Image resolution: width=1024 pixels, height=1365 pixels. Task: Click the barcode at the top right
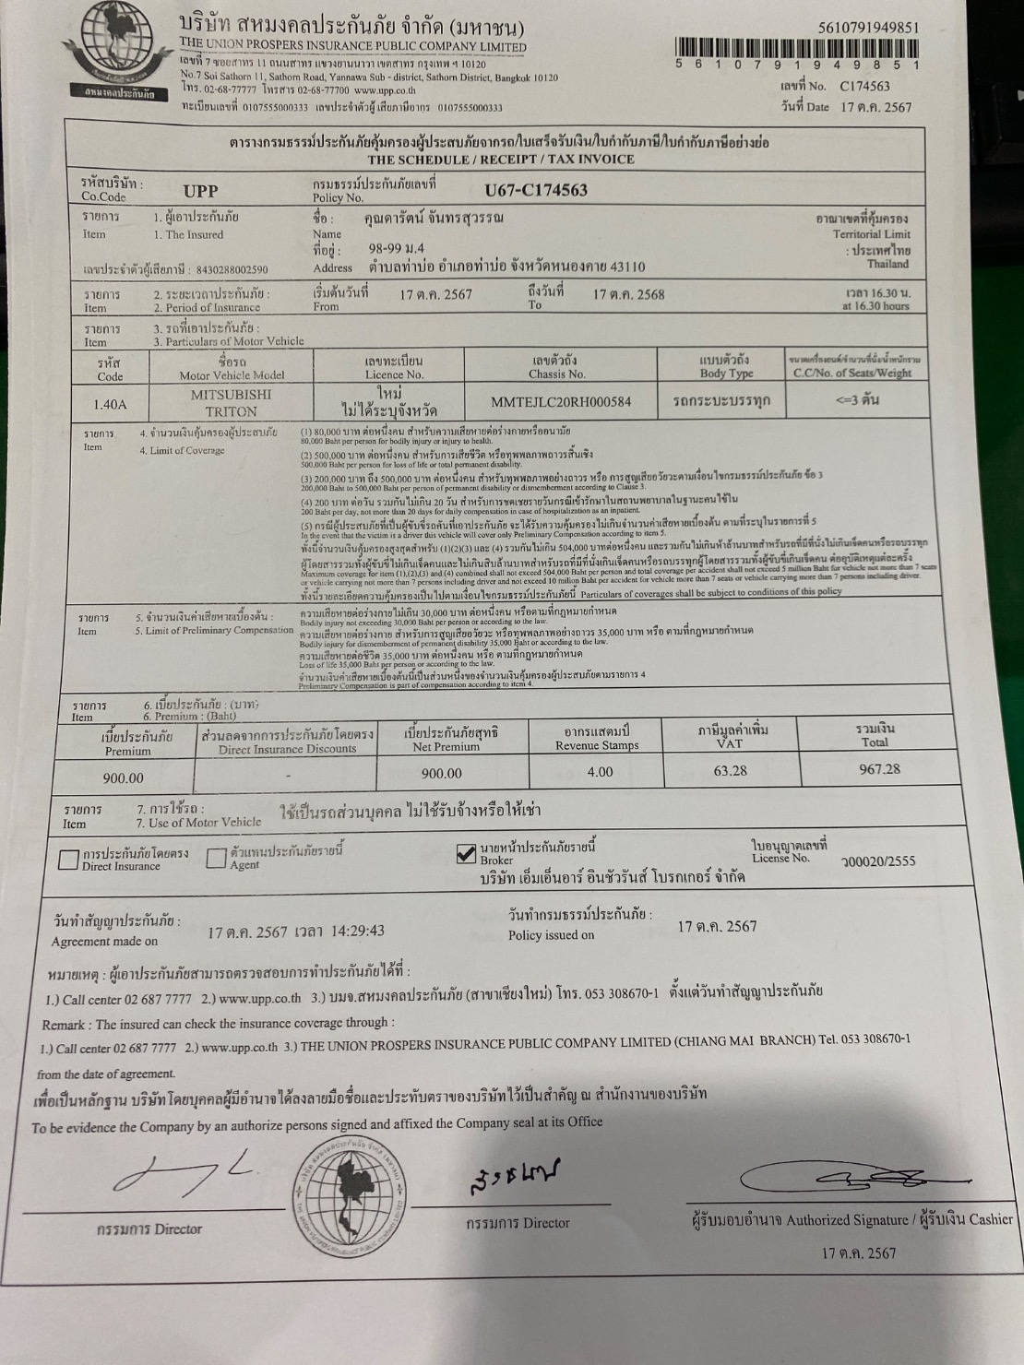point(796,47)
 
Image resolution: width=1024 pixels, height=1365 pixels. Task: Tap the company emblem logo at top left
point(114,45)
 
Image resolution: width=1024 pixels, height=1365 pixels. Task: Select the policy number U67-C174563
point(535,191)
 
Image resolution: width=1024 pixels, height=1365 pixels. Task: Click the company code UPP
point(200,191)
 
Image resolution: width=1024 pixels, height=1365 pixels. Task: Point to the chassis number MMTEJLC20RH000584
point(561,402)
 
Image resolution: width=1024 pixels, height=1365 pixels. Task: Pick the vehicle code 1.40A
point(110,404)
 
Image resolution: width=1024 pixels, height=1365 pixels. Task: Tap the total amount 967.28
point(879,769)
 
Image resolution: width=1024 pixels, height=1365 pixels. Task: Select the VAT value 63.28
point(730,770)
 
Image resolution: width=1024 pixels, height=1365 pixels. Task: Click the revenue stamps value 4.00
point(600,772)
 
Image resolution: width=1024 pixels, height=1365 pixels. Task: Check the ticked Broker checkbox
point(467,854)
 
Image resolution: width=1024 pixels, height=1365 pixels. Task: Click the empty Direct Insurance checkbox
point(67,860)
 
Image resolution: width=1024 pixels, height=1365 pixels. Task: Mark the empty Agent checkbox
point(216,859)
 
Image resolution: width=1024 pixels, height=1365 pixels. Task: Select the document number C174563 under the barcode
point(864,87)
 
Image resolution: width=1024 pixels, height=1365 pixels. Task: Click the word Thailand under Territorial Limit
point(887,264)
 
